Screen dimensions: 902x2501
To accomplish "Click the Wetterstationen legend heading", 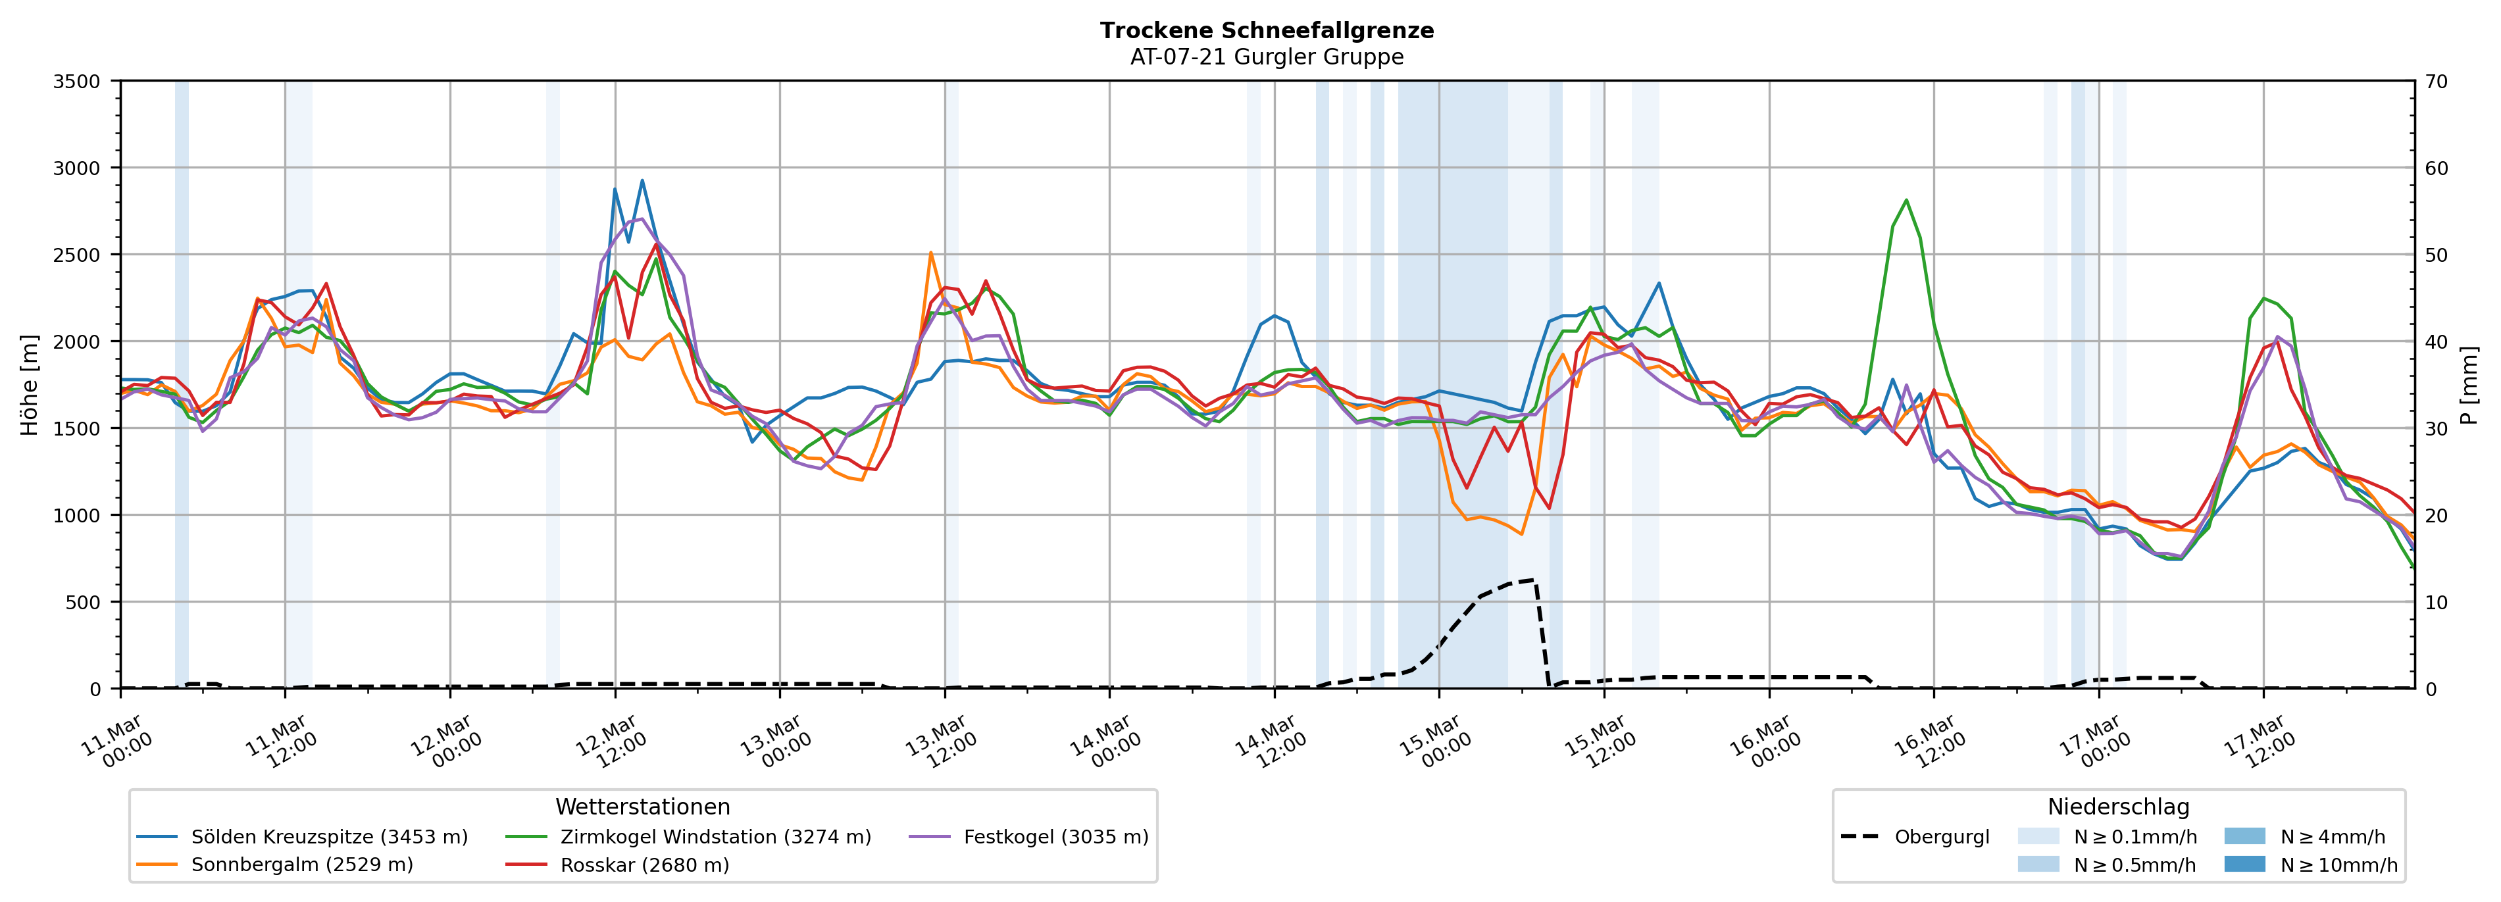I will point(643,807).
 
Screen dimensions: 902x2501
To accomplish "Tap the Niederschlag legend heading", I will point(2119,807).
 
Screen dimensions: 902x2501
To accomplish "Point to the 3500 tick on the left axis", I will point(77,82).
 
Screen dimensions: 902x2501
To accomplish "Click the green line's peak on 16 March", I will point(1906,200).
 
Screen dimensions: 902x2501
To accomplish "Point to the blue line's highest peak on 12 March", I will point(642,180).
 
